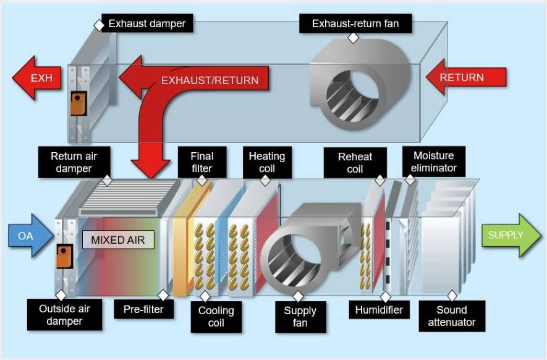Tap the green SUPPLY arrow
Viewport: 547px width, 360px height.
point(511,235)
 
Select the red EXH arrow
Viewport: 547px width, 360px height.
point(37,78)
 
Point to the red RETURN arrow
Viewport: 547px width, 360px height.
point(465,77)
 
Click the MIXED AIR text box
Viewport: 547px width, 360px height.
point(118,239)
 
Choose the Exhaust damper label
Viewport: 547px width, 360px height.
point(147,24)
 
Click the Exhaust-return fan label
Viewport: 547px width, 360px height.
point(355,24)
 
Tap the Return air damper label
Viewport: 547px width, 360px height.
point(74,162)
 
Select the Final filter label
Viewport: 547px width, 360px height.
point(202,162)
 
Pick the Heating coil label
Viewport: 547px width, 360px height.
point(267,162)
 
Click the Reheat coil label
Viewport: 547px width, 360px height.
point(355,163)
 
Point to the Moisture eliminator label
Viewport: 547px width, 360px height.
point(434,161)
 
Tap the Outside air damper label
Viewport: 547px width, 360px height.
point(64,315)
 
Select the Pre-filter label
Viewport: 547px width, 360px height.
point(143,309)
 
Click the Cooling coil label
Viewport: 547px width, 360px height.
point(216,317)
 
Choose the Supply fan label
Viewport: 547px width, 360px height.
point(300,317)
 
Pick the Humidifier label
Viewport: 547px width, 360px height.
point(380,309)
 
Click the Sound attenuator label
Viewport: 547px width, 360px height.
point(452,316)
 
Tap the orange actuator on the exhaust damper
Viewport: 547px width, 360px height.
point(78,103)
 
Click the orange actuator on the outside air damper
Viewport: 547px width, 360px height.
point(64,256)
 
